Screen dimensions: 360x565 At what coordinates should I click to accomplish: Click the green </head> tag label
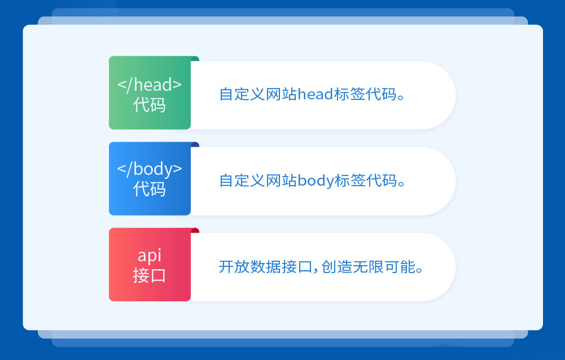coord(150,85)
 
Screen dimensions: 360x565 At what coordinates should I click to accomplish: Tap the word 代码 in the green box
coord(150,105)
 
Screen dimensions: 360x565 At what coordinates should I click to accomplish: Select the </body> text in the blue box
coord(150,169)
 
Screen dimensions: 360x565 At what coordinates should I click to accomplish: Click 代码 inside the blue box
coord(150,189)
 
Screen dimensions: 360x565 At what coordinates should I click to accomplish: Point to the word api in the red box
coord(150,255)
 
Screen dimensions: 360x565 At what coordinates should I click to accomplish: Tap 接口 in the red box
coord(150,275)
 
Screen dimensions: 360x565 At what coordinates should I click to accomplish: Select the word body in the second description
coord(316,181)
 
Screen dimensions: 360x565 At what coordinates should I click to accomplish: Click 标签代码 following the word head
coord(364,94)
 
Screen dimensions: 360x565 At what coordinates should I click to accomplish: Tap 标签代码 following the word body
coord(365,181)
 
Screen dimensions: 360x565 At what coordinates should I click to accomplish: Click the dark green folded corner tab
coord(195,58)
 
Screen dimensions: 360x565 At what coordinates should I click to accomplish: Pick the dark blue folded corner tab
coord(195,144)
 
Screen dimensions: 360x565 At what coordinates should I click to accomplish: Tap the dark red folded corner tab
coord(195,230)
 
